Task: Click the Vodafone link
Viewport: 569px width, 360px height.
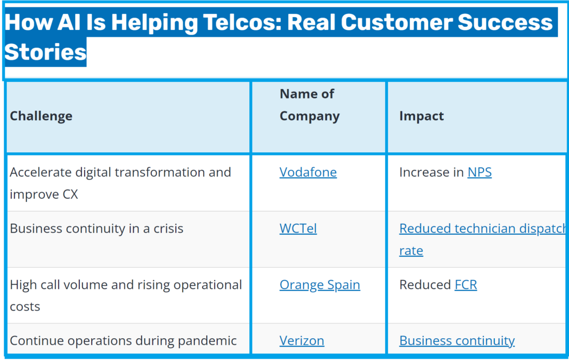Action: click(308, 173)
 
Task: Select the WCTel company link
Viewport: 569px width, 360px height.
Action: click(298, 228)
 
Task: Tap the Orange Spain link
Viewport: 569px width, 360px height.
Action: click(320, 285)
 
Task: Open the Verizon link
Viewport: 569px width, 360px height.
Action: click(302, 341)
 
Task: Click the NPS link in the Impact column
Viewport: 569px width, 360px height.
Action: click(479, 173)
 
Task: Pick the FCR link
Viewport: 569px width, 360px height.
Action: click(466, 285)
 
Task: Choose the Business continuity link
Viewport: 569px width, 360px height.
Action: click(457, 341)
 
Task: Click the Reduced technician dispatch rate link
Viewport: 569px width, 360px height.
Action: click(482, 229)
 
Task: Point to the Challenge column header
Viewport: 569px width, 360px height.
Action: click(41, 116)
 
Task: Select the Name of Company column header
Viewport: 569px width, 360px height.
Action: click(309, 105)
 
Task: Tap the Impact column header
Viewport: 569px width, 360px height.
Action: click(421, 116)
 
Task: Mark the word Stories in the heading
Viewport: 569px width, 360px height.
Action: click(45, 52)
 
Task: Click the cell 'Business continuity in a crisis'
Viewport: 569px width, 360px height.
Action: click(96, 228)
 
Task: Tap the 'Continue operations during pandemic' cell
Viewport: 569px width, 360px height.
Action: click(123, 341)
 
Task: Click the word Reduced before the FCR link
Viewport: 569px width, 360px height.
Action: click(425, 285)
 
